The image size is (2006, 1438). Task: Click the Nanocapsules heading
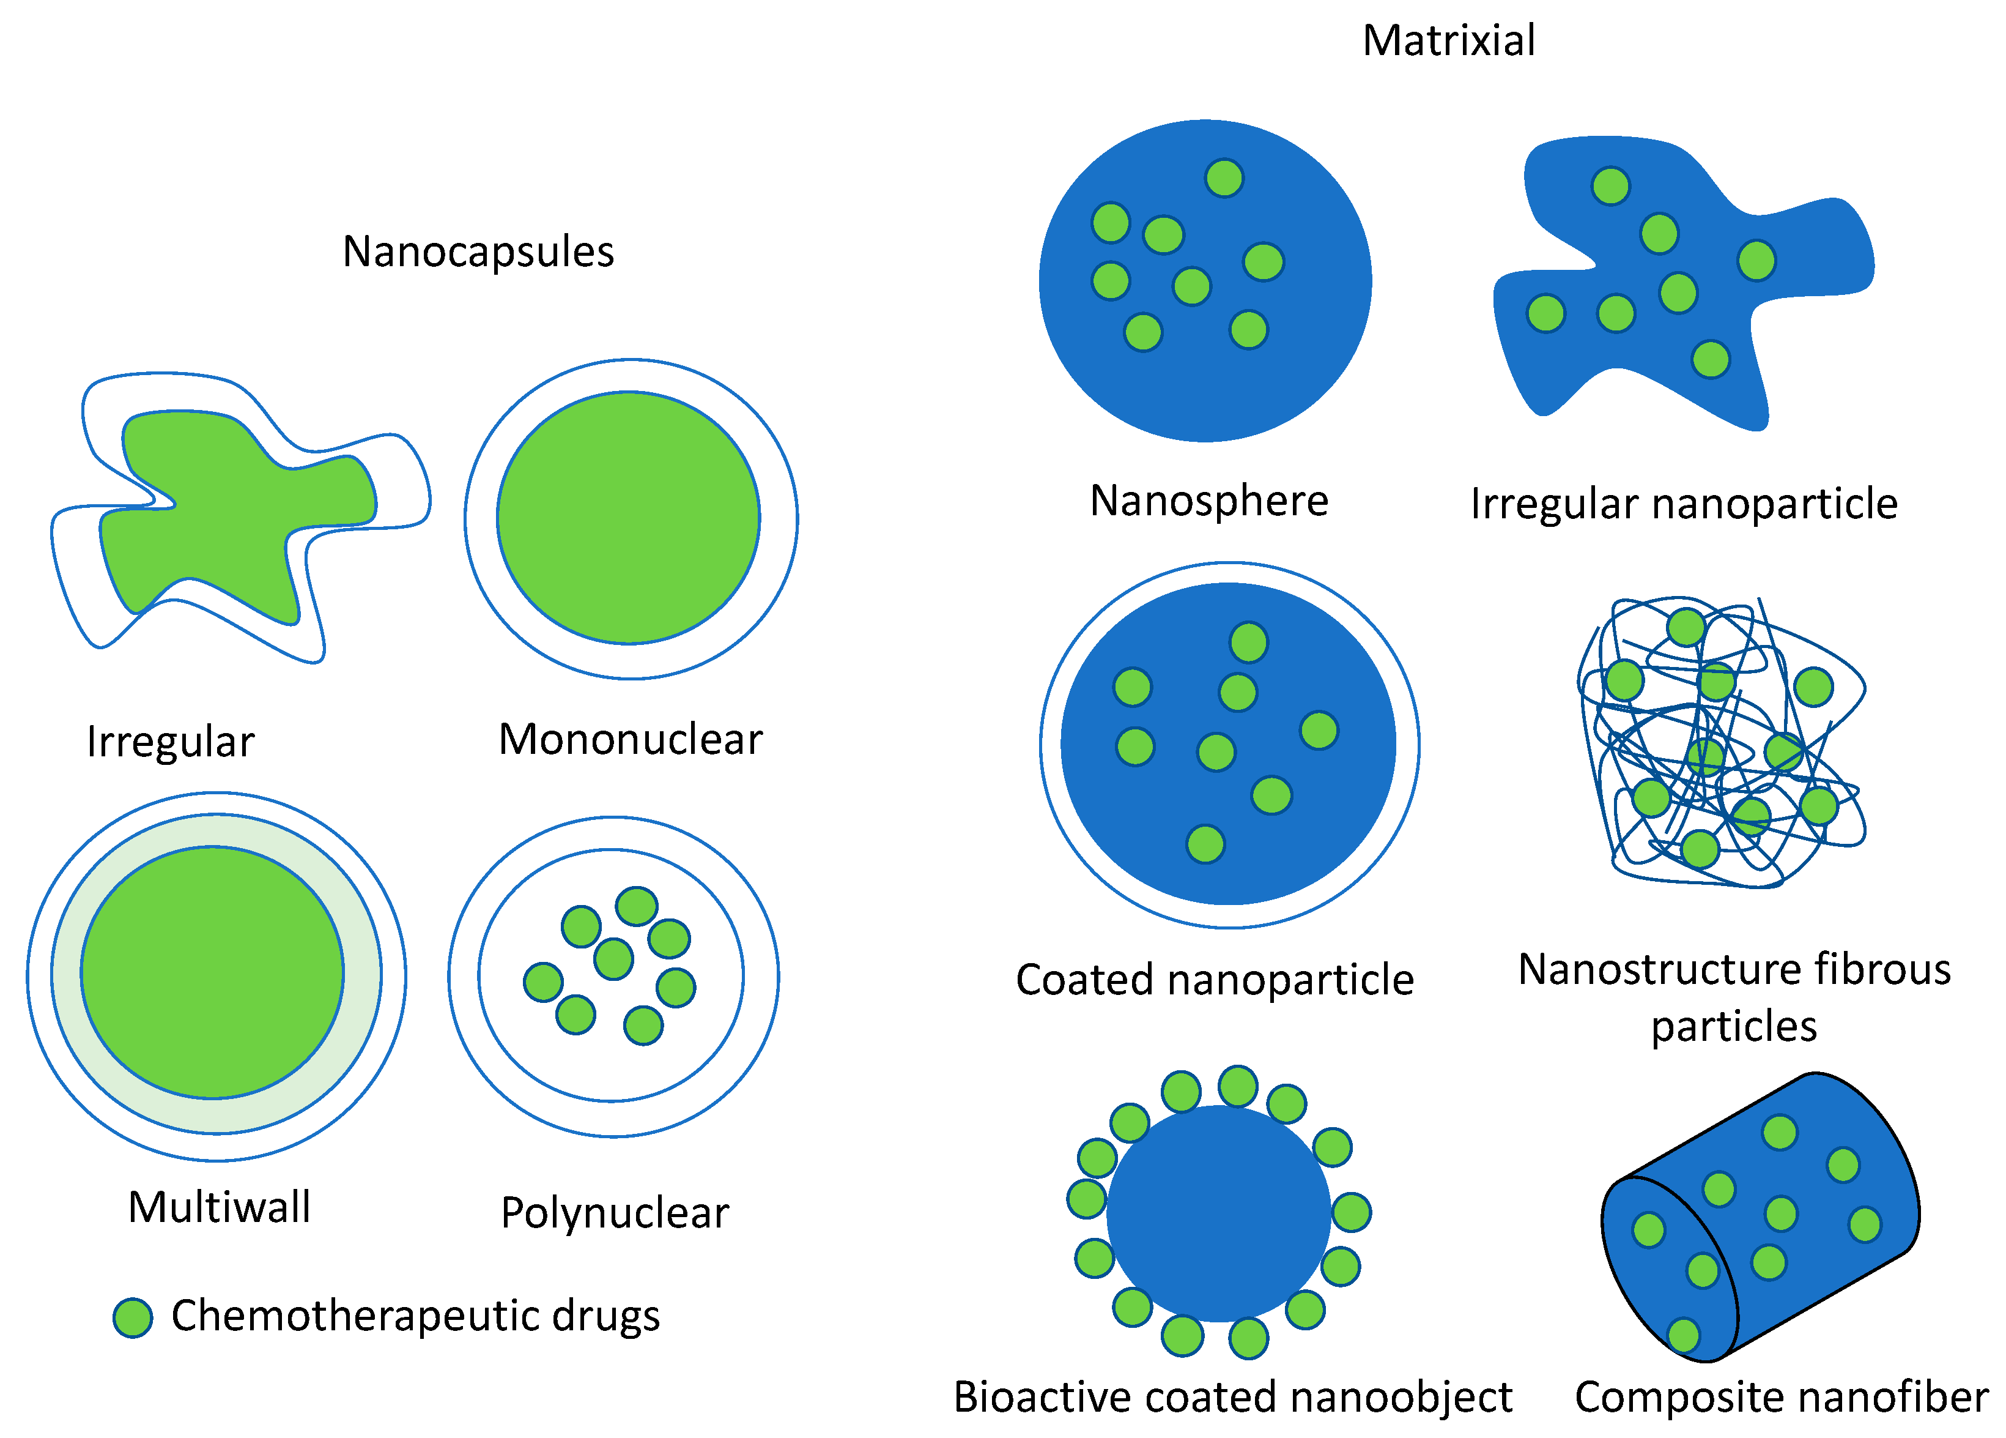tap(478, 252)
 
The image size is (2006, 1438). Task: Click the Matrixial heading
tap(1448, 41)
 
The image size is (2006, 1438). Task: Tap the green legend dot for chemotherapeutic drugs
tap(133, 1317)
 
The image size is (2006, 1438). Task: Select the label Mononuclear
tap(630, 739)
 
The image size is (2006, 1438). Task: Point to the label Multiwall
tap(220, 1207)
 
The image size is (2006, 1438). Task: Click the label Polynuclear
tap(615, 1212)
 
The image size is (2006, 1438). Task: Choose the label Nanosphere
tap(1208, 501)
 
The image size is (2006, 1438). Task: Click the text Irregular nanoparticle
tap(1683, 504)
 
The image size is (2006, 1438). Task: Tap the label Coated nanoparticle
tap(1215, 980)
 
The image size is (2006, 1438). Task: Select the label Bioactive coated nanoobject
tap(1232, 1397)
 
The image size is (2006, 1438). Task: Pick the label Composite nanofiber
tap(1780, 1397)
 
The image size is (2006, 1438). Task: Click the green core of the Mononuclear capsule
tap(628, 518)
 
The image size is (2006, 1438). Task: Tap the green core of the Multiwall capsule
tap(212, 972)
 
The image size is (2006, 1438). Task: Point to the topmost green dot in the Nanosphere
tap(1224, 178)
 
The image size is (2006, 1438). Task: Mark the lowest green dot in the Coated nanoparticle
tap(1205, 843)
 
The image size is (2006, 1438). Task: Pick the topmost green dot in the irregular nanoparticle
tap(1611, 186)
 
